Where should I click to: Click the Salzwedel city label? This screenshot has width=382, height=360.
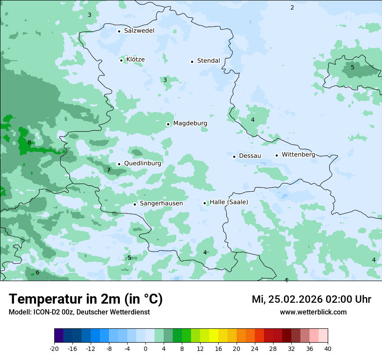pyautogui.click(x=139, y=31)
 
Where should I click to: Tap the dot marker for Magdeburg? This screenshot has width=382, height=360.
pyautogui.click(x=168, y=124)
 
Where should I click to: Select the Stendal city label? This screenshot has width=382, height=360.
pyautogui.click(x=208, y=61)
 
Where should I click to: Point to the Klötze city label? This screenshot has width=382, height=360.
pyautogui.click(x=135, y=59)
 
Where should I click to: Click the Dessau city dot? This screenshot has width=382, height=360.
pyautogui.click(x=234, y=157)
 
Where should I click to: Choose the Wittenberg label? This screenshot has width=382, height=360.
pyautogui.click(x=298, y=154)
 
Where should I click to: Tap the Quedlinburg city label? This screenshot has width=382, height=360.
pyautogui.click(x=142, y=164)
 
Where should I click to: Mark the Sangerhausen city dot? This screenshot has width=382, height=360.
pyautogui.click(x=135, y=204)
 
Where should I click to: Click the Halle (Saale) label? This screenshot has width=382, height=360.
pyautogui.click(x=229, y=202)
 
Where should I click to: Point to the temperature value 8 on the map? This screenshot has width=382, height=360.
pyautogui.click(x=29, y=142)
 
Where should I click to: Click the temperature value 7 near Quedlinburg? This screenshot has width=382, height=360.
pyautogui.click(x=109, y=170)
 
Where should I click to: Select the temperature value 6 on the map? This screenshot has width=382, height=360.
pyautogui.click(x=37, y=272)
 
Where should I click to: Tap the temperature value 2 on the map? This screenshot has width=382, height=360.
pyautogui.click(x=292, y=7)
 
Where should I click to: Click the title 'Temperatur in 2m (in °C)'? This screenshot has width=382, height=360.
pyautogui.click(x=86, y=299)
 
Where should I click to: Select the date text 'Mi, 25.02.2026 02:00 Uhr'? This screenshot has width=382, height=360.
pyautogui.click(x=311, y=299)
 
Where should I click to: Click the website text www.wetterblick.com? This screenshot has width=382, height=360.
pyautogui.click(x=313, y=312)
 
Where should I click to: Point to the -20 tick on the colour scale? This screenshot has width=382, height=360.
pyautogui.click(x=54, y=348)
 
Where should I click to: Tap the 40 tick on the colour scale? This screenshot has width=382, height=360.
pyautogui.click(x=327, y=348)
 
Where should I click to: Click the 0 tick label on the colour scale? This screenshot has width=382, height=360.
pyautogui.click(x=145, y=348)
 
